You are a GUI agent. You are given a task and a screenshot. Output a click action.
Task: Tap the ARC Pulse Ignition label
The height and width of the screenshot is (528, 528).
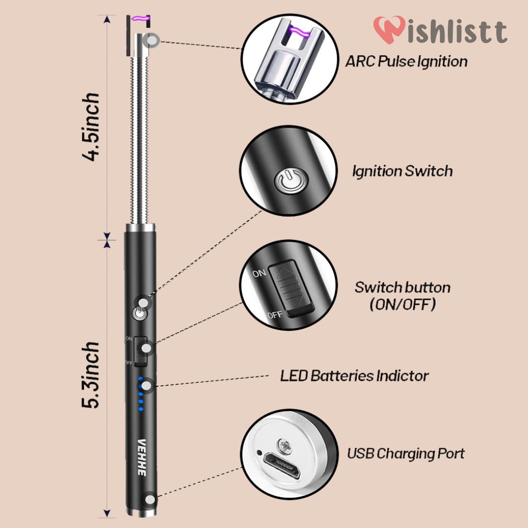[x=406, y=62]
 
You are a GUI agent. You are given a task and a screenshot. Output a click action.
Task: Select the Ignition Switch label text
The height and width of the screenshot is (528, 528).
[x=402, y=171]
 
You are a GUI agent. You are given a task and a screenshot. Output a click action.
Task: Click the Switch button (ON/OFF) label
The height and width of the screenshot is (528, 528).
[x=402, y=295]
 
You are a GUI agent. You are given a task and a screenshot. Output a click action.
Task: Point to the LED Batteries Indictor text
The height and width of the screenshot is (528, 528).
[x=354, y=376]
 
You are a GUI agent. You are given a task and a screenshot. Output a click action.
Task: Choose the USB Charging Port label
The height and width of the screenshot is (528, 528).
[x=406, y=454]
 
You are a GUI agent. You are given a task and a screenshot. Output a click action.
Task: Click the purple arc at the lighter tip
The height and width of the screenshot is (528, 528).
[x=139, y=19]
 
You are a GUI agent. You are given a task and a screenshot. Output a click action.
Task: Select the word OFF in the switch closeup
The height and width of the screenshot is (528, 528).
[x=275, y=314]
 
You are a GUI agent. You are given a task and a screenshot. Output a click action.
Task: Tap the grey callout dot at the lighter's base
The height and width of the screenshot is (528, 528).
[x=151, y=500]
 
